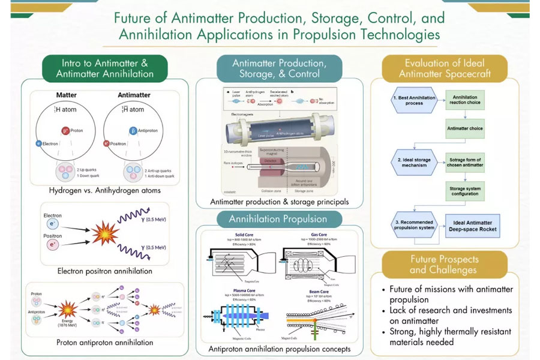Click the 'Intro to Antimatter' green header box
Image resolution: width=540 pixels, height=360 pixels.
pyautogui.click(x=105, y=68)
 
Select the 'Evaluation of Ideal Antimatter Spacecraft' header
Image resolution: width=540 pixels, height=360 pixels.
pyautogui.click(x=445, y=68)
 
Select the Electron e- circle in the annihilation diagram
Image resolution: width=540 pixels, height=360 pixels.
pyautogui.click(x=53, y=223)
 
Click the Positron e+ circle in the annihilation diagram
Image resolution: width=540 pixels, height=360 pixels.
pyautogui.click(x=53, y=245)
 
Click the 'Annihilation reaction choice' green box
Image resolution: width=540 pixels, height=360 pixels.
pyautogui.click(x=465, y=100)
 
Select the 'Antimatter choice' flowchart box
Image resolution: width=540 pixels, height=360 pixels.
pyautogui.click(x=465, y=128)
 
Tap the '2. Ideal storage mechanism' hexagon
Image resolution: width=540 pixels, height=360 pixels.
pyautogui.click(x=408, y=162)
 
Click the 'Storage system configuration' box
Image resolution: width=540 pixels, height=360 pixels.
pyautogui.click(x=465, y=191)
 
